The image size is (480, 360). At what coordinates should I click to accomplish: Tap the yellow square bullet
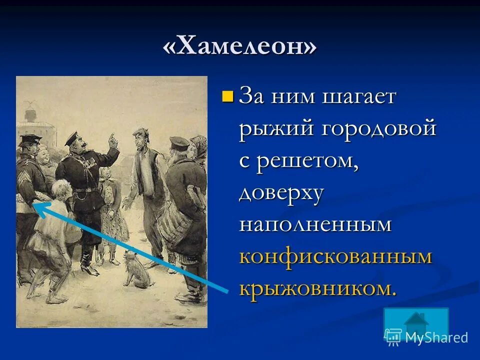[227, 95]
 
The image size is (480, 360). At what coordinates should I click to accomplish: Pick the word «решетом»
[308, 161]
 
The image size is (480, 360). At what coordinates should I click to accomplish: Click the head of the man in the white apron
[140, 136]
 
